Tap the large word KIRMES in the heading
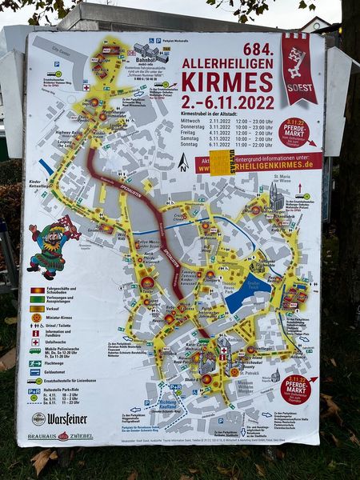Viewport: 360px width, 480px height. pyautogui.click(x=227, y=81)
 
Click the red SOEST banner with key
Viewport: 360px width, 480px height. pyautogui.click(x=298, y=69)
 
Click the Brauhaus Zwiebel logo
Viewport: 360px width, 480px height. pyautogui.click(x=60, y=436)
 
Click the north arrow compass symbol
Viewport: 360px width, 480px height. pyautogui.click(x=183, y=162)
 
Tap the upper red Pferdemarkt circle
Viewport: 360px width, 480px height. pyautogui.click(x=294, y=133)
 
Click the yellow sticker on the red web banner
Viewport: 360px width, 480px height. pyautogui.click(x=222, y=162)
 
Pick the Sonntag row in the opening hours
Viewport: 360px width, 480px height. pyautogui.click(x=229, y=145)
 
